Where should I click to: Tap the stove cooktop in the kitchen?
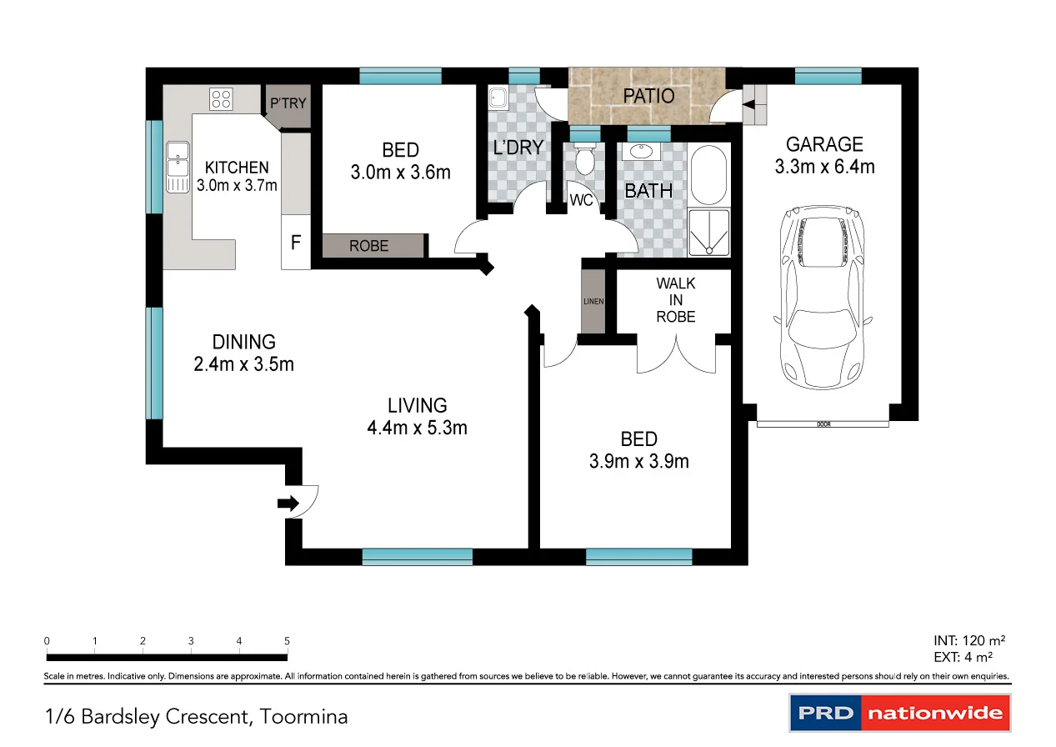click(221, 99)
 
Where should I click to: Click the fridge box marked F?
click(295, 243)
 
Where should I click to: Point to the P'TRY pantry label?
click(288, 104)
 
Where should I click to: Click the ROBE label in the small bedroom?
click(368, 246)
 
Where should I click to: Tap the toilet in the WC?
click(585, 159)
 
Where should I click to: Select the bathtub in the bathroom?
click(710, 176)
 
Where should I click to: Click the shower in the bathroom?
click(710, 231)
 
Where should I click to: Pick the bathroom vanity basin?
click(641, 153)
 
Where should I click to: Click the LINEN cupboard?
click(593, 301)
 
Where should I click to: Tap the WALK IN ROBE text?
click(675, 300)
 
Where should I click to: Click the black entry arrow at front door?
click(288, 503)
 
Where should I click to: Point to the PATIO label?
click(648, 96)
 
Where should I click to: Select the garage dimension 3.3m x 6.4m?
click(824, 167)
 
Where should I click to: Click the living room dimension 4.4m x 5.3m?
click(417, 428)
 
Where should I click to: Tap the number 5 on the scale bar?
click(288, 641)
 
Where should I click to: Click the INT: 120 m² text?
click(969, 641)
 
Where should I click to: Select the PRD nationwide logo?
click(899, 714)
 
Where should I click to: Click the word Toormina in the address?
click(303, 716)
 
